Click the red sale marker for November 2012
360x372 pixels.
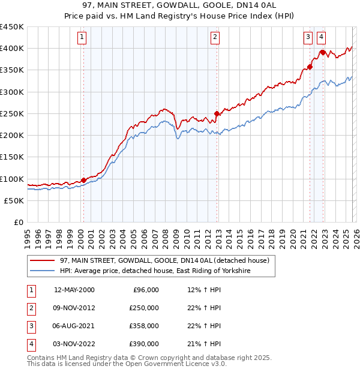pos(217,113)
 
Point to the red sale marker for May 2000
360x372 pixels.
pos(83,180)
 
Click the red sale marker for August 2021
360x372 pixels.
pos(310,67)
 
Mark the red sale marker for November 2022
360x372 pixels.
pos(323,53)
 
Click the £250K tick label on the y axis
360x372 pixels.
pos(12,113)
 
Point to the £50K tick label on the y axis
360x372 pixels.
pos(14,200)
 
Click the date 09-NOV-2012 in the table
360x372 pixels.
pos(74,308)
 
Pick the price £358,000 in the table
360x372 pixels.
pos(144,326)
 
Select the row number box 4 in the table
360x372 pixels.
pos(30,344)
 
